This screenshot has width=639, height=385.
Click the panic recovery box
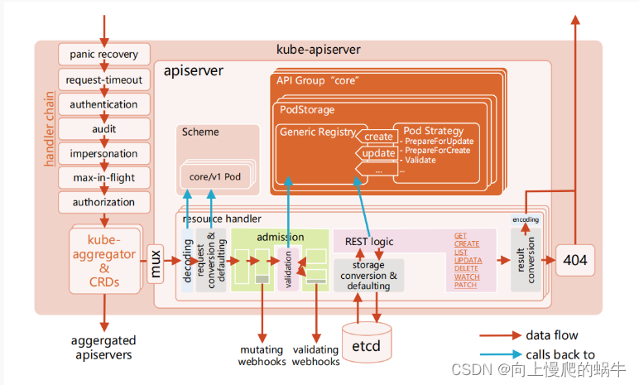point(104,55)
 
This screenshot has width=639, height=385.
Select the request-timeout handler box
point(104,80)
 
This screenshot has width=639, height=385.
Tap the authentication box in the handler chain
point(104,104)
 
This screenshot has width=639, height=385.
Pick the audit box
point(104,129)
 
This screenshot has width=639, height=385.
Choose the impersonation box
point(104,153)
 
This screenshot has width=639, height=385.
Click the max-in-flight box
point(104,177)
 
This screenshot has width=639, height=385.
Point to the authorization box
point(104,202)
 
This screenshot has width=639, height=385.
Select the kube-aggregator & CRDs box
point(105,259)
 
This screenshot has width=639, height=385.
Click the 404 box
point(574,260)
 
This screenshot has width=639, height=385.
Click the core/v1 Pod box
point(214,177)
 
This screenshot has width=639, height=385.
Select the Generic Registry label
point(317,132)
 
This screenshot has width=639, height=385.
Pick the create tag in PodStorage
point(377,137)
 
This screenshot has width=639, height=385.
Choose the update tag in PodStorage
point(377,154)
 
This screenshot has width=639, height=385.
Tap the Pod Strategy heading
point(433,131)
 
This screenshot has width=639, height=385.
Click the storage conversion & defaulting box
point(368,276)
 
